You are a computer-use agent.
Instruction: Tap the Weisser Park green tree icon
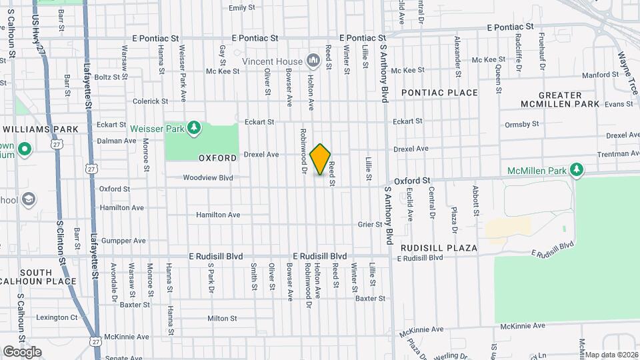pyautogui.click(x=194, y=127)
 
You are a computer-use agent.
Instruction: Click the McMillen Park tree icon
pyautogui.click(x=577, y=170)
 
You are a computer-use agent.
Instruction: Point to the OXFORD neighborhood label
pyautogui.click(x=217, y=158)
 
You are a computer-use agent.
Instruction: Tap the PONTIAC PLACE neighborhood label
pyautogui.click(x=439, y=93)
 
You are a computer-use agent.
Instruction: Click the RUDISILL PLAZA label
pyautogui.click(x=439, y=248)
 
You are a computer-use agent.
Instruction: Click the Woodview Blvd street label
pyautogui.click(x=208, y=178)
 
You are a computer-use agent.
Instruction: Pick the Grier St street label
pyautogui.click(x=369, y=225)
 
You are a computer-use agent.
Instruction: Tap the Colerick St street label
pyautogui.click(x=146, y=101)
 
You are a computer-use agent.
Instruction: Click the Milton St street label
pyautogui.click(x=222, y=319)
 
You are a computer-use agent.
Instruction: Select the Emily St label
pyautogui.click(x=242, y=8)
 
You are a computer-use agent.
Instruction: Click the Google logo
pyautogui.click(x=22, y=352)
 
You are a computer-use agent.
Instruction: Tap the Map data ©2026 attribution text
pyautogui.click(x=611, y=355)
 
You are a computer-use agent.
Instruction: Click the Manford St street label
pyautogui.click(x=597, y=75)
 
